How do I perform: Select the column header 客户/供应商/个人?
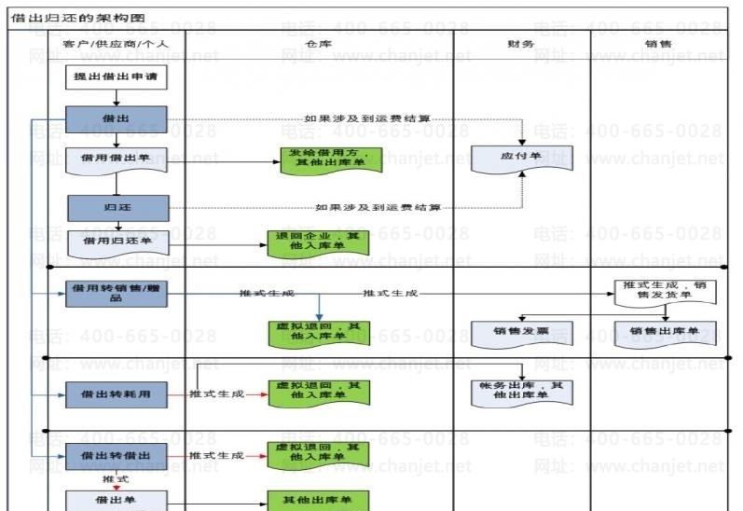tap(117, 44)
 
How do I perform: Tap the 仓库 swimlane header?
tap(319, 44)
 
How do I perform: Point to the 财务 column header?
tap(521, 44)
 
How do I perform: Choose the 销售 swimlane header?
tap(657, 44)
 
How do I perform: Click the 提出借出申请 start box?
tap(117, 77)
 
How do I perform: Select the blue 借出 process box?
tap(117, 119)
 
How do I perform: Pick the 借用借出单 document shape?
tap(117, 159)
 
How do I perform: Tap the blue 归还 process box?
tap(117, 207)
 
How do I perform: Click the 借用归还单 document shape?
tap(117, 242)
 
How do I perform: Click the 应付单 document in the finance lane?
tap(521, 159)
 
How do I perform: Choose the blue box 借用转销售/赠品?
tap(117, 293)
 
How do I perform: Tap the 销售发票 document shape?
tap(521, 331)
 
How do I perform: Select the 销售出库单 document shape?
tap(665, 331)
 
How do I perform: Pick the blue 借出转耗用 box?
tap(117, 394)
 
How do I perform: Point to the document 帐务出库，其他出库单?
tap(521, 392)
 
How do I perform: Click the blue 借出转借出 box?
tap(117, 456)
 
